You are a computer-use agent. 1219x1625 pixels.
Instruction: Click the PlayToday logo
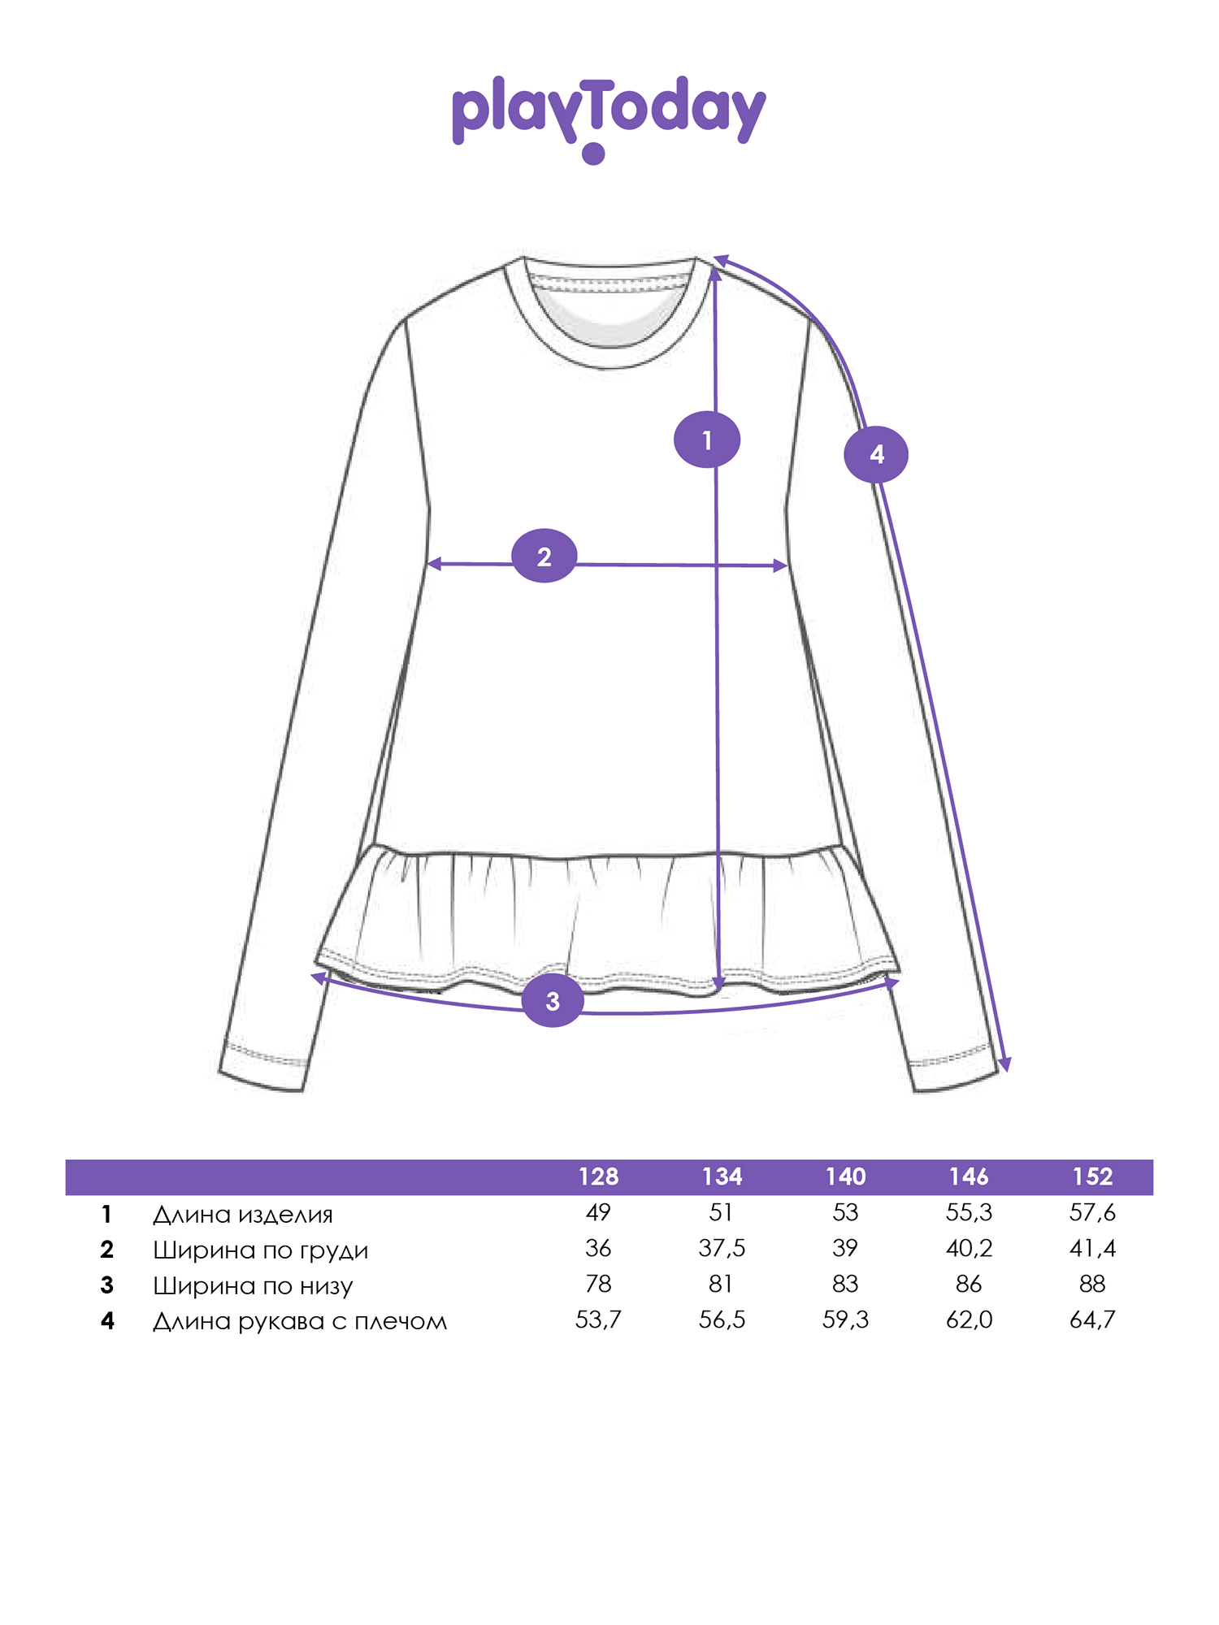(x=609, y=119)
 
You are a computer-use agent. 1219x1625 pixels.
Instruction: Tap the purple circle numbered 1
(x=707, y=440)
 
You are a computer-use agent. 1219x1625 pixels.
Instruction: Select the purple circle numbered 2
(x=544, y=557)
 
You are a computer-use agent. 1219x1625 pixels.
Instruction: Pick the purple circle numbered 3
(x=553, y=1001)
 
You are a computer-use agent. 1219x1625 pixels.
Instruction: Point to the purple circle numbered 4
(x=876, y=454)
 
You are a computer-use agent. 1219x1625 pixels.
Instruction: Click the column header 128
(x=599, y=1176)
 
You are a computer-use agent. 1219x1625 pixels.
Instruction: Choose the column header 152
(x=1093, y=1176)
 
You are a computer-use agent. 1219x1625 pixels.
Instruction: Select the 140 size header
(x=846, y=1176)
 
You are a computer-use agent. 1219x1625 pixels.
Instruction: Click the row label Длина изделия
(x=243, y=1215)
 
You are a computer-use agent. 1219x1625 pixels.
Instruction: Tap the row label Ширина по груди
(x=261, y=1250)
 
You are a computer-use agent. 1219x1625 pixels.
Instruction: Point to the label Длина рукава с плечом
(x=300, y=1322)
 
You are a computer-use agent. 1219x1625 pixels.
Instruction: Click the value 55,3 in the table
(x=970, y=1213)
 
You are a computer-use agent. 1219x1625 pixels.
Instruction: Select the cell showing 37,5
(x=722, y=1248)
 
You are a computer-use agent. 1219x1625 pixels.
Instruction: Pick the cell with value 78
(x=598, y=1284)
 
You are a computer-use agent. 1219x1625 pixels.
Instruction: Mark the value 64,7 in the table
(x=1093, y=1319)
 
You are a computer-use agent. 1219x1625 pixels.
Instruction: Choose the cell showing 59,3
(x=845, y=1319)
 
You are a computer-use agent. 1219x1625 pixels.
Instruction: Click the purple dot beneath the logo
(x=594, y=154)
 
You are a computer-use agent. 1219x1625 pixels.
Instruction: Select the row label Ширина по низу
(x=254, y=1286)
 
